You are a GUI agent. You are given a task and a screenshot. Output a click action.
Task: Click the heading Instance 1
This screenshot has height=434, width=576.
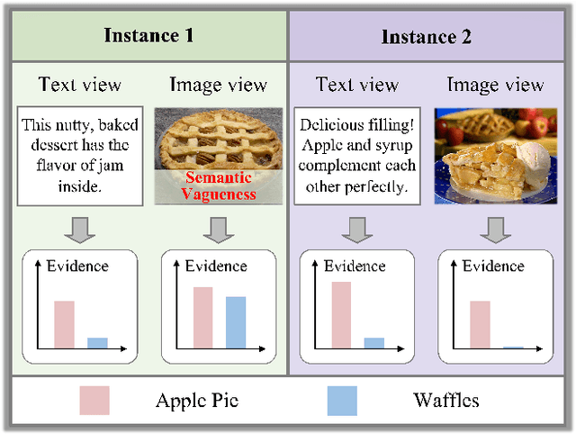point(148,35)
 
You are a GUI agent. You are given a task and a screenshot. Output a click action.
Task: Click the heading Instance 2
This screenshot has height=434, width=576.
point(427,37)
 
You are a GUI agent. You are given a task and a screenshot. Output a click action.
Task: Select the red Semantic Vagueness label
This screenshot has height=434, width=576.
point(219,185)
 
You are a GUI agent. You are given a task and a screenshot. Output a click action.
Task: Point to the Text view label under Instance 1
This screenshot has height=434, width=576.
point(79,85)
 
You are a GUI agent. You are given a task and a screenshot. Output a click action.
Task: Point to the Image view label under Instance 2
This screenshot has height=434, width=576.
point(495,85)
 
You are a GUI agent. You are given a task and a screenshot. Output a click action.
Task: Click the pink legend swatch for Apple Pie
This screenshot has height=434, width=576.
point(94,400)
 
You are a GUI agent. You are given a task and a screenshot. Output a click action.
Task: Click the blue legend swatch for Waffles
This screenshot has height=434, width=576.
point(342,400)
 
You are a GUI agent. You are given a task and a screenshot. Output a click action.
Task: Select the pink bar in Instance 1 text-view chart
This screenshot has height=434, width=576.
point(64,324)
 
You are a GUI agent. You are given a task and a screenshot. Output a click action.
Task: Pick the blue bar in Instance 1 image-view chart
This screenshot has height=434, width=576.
point(235,322)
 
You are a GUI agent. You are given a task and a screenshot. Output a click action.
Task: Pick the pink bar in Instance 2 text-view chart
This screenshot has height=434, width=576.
point(341,314)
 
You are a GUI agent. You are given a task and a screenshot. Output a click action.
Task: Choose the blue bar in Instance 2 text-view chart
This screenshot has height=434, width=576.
point(373,343)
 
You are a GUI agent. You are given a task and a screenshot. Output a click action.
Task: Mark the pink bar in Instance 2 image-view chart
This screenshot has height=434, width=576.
point(481,324)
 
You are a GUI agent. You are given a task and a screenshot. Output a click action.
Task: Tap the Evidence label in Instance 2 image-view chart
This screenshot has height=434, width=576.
point(493,266)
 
